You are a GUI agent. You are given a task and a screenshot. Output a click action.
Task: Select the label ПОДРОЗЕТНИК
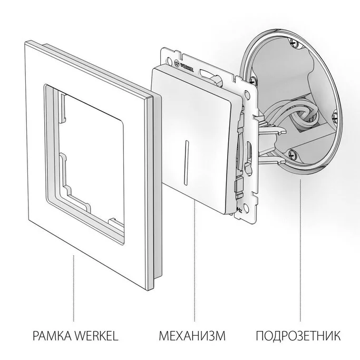pos(299,335)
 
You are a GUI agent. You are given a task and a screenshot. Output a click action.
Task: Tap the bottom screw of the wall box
pos(293,154)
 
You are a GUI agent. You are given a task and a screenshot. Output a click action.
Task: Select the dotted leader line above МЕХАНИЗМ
pos(194,264)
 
